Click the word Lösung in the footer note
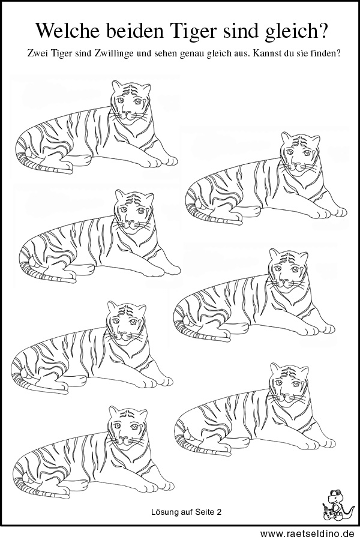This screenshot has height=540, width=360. [164, 512]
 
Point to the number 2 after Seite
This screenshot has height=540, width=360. [219, 512]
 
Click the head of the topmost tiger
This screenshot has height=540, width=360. [131, 99]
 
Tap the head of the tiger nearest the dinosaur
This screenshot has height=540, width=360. [289, 382]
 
